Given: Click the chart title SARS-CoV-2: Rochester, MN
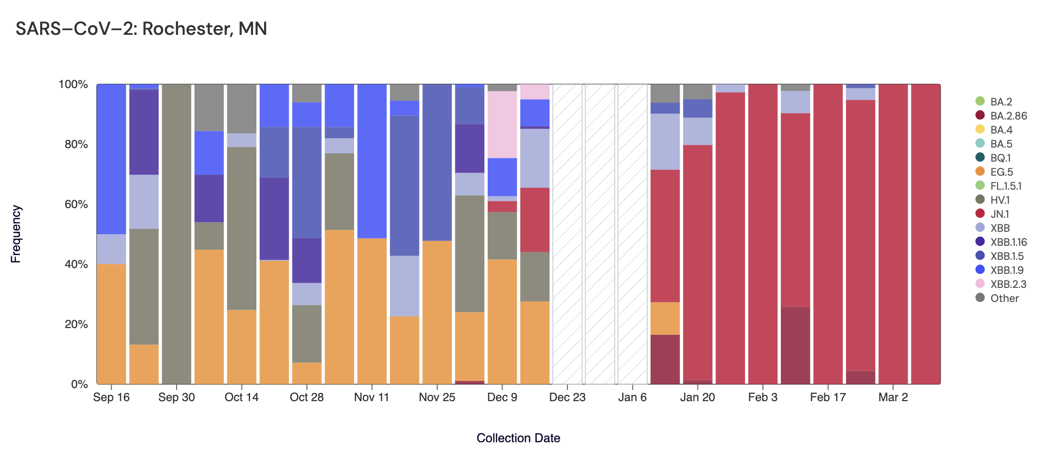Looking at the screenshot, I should (x=141, y=29).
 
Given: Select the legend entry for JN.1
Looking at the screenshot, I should (x=999, y=214).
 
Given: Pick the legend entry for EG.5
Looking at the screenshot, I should (x=1001, y=172).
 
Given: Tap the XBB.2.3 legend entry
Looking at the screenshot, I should (x=1008, y=284).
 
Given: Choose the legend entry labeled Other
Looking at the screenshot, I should (x=1004, y=298).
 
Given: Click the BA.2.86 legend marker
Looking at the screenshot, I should (x=980, y=116).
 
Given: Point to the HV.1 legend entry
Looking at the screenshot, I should (x=999, y=200).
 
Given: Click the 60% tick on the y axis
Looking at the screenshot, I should (x=73, y=204).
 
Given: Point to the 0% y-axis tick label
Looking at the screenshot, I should (x=79, y=384).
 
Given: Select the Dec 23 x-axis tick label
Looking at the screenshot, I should (x=567, y=397).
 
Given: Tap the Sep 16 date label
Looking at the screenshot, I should (x=111, y=397).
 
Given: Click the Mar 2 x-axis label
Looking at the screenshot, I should (x=893, y=397).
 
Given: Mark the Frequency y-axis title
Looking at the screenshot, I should (x=16, y=234).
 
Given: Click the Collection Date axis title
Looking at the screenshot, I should (x=518, y=438).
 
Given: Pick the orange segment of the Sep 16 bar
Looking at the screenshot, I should (x=111, y=324).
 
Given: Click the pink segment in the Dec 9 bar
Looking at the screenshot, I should (x=502, y=124).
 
